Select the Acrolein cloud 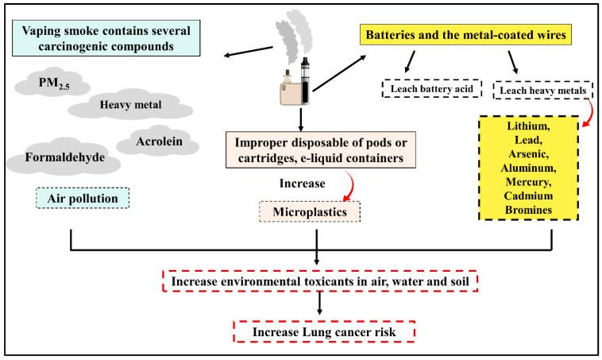tap(155, 140)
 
